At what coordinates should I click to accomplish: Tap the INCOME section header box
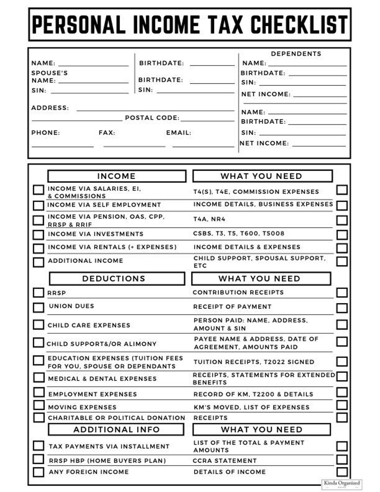116,176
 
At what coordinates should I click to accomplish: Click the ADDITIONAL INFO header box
116,430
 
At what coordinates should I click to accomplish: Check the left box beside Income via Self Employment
38,206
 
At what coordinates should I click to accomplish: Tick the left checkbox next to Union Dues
38,308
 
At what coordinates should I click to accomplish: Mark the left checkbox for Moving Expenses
38,405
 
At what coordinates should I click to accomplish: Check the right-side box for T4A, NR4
342,220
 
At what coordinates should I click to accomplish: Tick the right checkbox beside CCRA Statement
342,459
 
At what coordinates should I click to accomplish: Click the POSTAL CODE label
152,118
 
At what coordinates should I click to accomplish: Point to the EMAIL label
179,133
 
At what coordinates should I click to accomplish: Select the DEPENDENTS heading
296,54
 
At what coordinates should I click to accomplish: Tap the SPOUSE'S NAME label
49,77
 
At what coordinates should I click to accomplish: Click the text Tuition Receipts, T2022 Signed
254,362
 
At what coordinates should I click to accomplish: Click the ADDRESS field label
50,108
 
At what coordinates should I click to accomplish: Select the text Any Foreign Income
89,472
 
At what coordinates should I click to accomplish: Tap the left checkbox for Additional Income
38,262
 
